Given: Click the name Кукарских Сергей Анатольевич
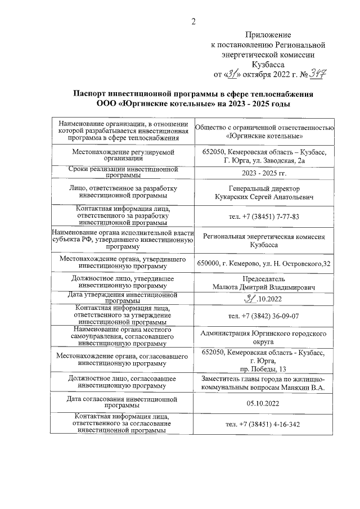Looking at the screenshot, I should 264,197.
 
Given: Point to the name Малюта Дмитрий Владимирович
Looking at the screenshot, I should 264,287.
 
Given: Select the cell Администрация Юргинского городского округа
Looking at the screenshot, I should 264,337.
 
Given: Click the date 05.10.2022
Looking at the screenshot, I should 264,403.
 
